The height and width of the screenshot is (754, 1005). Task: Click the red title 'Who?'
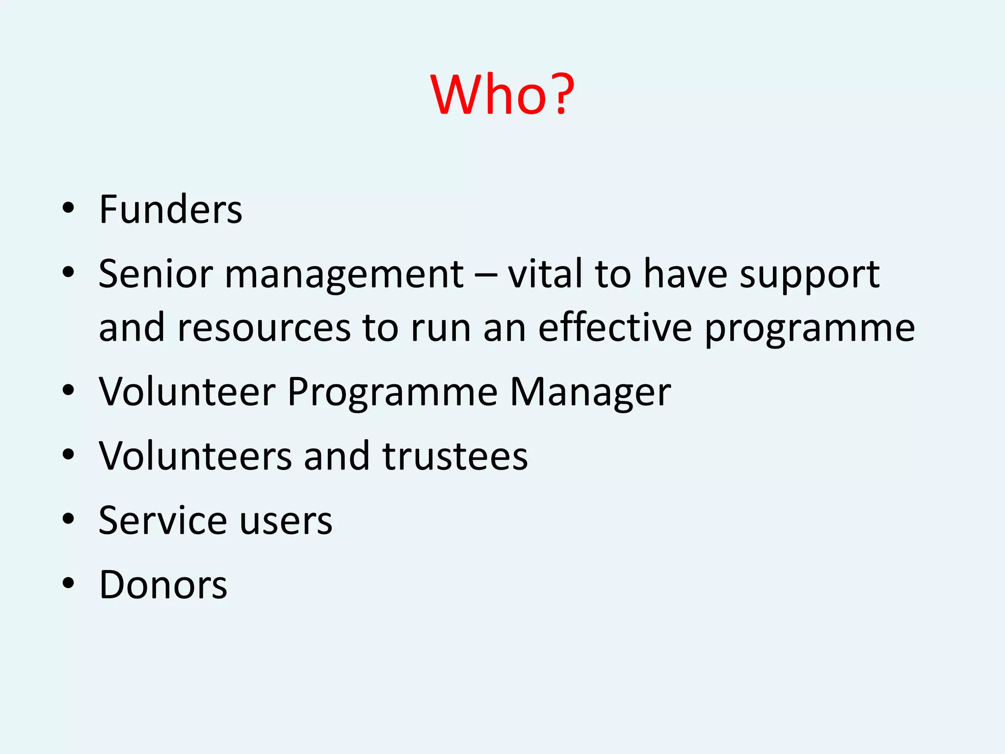[502, 94]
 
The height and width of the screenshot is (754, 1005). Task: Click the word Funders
[170, 210]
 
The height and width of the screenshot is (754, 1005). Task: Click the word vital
[545, 274]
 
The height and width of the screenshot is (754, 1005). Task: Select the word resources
[264, 328]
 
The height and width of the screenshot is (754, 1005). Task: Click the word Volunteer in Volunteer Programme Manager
[187, 392]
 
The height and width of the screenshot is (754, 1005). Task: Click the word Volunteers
[195, 456]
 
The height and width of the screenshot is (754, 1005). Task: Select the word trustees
[455, 456]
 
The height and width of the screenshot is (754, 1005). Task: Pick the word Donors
[163, 585]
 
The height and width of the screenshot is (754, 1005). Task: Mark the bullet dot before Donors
[68, 583]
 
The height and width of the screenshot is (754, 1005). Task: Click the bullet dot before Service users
[68, 518]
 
